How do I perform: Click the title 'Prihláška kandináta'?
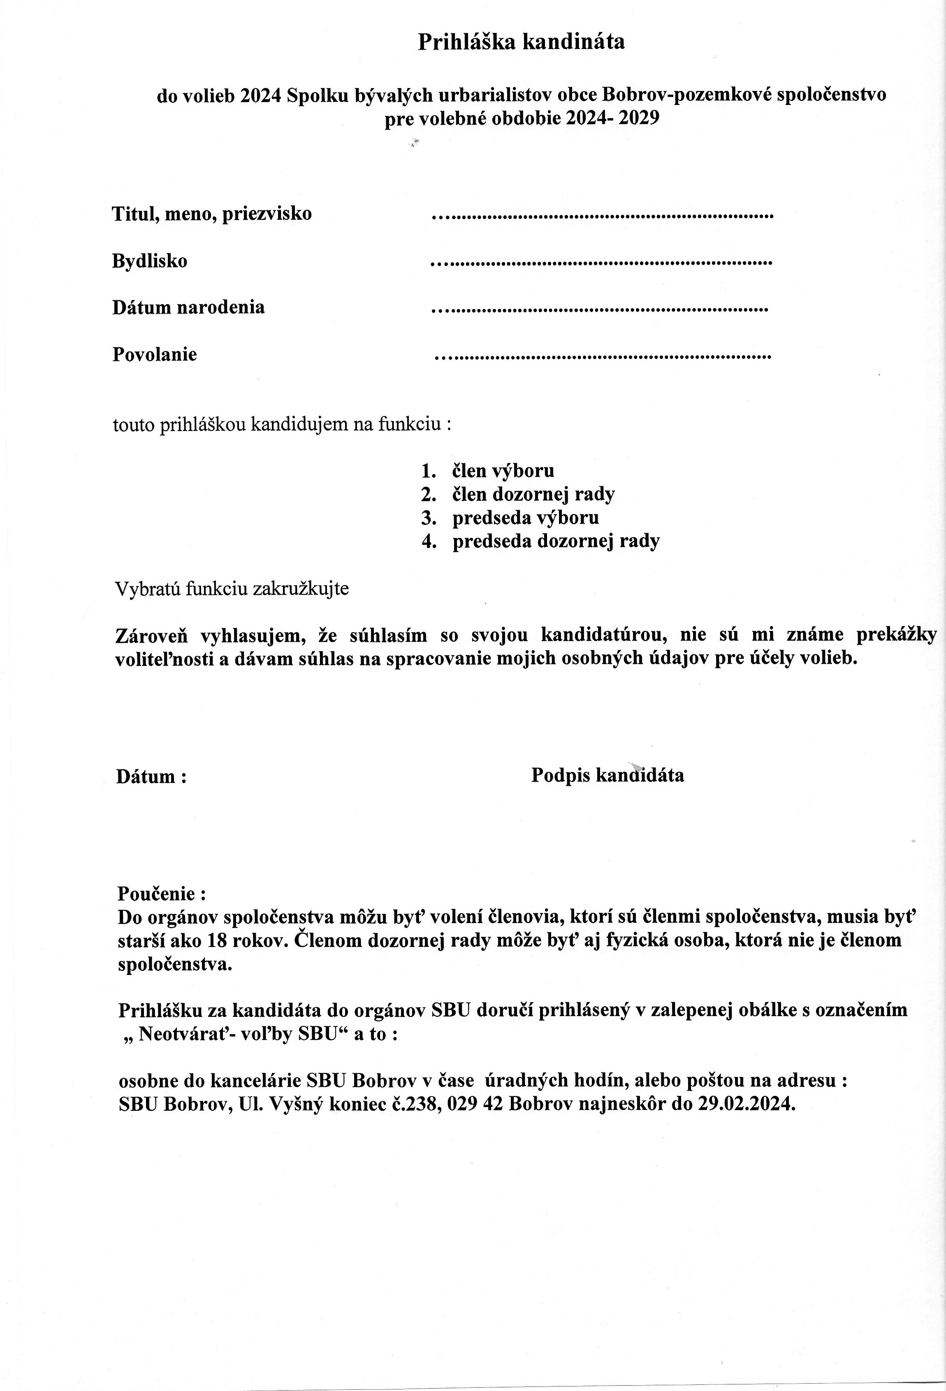point(521,42)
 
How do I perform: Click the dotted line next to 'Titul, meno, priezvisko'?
point(602,214)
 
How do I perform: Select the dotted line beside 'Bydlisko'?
point(601,262)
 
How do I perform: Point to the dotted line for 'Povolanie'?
point(603,356)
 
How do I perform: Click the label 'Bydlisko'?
point(150,261)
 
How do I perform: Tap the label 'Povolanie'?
point(154,354)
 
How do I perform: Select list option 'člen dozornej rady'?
point(533,494)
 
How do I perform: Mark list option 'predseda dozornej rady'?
point(556,541)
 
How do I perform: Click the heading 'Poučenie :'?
point(162,893)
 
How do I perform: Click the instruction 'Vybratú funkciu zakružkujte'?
point(232,589)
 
